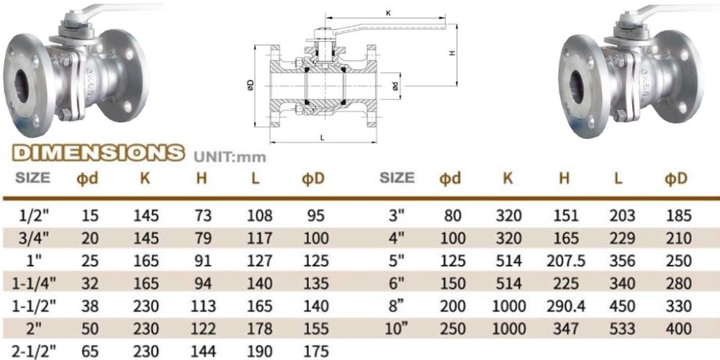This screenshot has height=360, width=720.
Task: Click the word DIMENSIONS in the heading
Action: [x=98, y=153]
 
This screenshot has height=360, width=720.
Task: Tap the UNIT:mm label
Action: [x=230, y=157]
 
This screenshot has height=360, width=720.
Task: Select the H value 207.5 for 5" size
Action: [x=566, y=261]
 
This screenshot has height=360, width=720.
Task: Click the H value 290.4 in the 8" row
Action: [x=566, y=306]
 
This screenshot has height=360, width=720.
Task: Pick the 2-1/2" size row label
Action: [x=33, y=351]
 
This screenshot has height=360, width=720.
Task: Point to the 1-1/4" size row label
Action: [x=33, y=283]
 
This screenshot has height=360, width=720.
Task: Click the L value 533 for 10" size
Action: [x=622, y=328]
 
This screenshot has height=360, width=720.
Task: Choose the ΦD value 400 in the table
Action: [x=678, y=328]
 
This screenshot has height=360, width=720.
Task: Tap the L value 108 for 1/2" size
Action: [x=259, y=215]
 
